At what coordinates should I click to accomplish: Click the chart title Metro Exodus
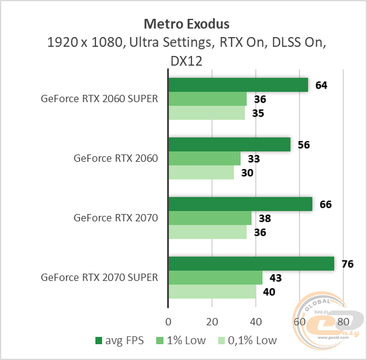[x=187, y=24]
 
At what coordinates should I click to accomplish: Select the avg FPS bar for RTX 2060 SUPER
[x=238, y=85]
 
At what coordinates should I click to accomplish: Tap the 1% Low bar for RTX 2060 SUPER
[x=207, y=99]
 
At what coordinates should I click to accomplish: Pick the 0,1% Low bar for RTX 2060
[x=201, y=173]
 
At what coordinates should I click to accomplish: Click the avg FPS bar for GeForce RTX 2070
[x=240, y=204]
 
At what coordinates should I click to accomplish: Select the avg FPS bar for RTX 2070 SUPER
[x=251, y=263]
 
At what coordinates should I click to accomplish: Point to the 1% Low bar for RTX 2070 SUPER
[x=215, y=277]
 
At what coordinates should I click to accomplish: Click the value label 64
[x=321, y=85]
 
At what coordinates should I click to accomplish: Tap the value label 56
[x=304, y=145]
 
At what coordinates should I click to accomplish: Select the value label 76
[x=348, y=264]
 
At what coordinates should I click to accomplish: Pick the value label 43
[x=276, y=278]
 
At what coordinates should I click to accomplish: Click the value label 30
[x=247, y=173]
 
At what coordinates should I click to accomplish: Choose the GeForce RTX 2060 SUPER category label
[x=99, y=99]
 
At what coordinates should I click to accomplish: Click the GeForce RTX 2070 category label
[x=115, y=218]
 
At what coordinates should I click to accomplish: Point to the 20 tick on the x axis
[x=212, y=320]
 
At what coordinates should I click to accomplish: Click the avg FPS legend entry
[x=120, y=341]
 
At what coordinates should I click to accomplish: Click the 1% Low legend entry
[x=182, y=341]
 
